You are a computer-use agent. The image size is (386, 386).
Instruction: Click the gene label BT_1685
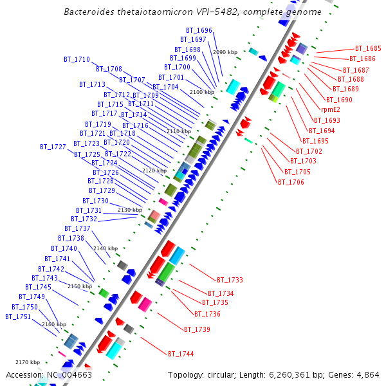[368, 48]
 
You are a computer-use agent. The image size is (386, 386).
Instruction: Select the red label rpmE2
[331, 109]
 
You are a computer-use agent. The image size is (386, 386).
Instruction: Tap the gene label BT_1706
[290, 182]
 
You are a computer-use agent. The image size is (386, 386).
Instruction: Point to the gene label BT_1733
[230, 280]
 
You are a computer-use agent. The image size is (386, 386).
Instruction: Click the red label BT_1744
[181, 354]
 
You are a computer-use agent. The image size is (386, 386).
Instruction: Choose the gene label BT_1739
[197, 329]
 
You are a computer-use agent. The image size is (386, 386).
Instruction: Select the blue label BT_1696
[199, 30]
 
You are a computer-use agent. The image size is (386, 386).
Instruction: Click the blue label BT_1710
[77, 59]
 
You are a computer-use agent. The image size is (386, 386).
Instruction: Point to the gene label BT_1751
[18, 317]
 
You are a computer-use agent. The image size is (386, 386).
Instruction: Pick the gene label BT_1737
[77, 228]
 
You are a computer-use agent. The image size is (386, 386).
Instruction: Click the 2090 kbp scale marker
[225, 51]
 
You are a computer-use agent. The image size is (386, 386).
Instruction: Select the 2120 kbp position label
[154, 170]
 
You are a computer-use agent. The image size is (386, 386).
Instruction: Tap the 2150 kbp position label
[80, 286]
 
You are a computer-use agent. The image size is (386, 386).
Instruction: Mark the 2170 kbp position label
[28, 362]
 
